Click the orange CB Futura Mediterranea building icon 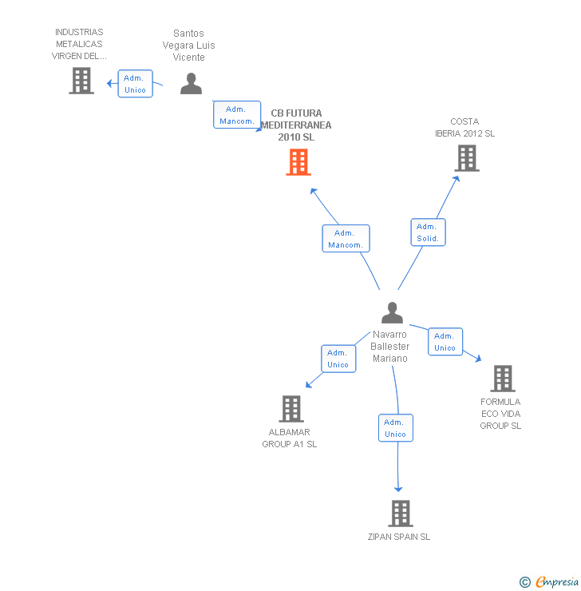(298, 162)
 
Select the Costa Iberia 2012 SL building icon (467, 158)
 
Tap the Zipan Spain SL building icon (401, 514)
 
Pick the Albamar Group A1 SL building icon (291, 409)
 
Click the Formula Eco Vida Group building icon (503, 379)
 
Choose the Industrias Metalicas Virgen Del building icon (81, 81)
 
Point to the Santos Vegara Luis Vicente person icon (191, 83)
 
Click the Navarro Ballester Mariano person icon (392, 312)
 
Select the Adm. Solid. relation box (428, 232)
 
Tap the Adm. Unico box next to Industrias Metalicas (135, 84)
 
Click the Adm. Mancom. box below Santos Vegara (237, 114)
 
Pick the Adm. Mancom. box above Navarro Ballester (346, 238)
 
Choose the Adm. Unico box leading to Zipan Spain (395, 428)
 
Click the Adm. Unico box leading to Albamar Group (338, 359)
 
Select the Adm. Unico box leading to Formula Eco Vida (445, 342)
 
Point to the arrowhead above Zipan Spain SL (398, 489)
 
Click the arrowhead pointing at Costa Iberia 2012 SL (456, 179)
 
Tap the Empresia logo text (557, 581)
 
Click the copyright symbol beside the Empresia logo (525, 582)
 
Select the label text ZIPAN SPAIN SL (399, 537)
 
